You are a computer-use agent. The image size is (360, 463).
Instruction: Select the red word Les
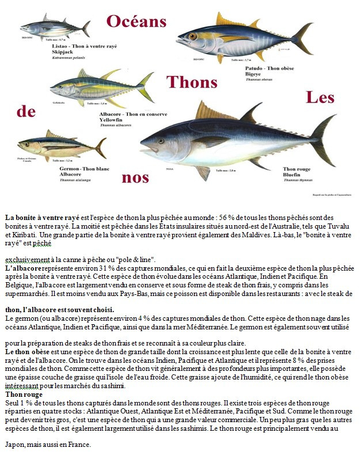(x=320, y=97)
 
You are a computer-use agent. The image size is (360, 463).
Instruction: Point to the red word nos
(x=135, y=177)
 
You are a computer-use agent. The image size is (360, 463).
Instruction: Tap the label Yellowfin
(x=111, y=119)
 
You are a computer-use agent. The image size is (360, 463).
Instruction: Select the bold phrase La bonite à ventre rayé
(x=43, y=218)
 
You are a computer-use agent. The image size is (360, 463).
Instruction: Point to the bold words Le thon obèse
(x=28, y=351)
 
